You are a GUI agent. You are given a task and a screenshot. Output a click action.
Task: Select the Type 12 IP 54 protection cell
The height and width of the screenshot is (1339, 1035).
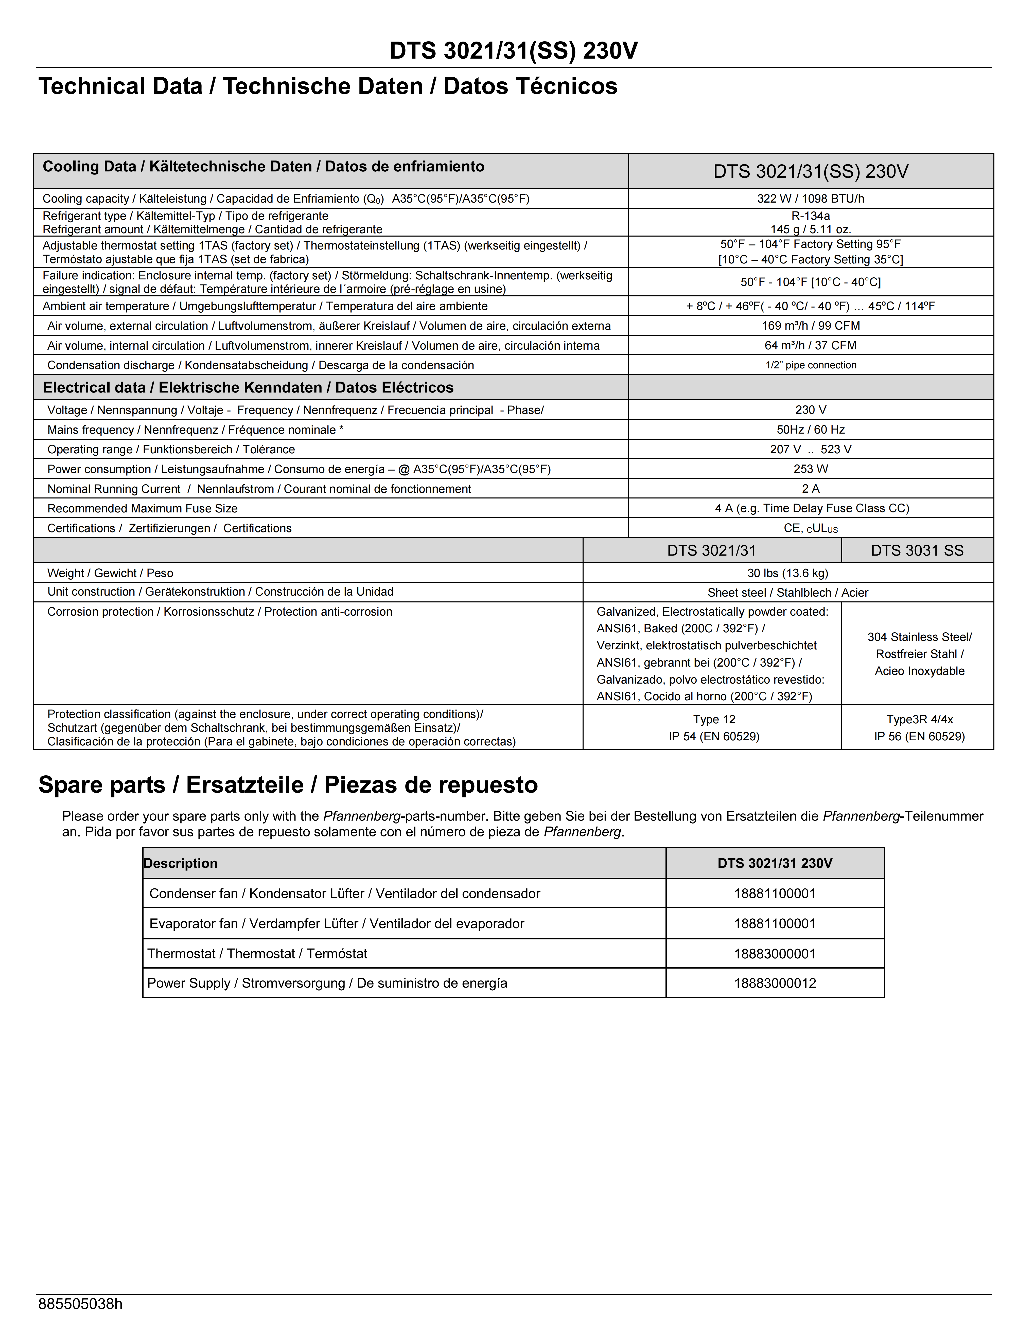(714, 728)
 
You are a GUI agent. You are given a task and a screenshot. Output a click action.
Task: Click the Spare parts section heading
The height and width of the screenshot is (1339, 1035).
(288, 785)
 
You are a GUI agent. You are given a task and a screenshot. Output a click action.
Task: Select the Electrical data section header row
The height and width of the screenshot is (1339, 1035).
(248, 387)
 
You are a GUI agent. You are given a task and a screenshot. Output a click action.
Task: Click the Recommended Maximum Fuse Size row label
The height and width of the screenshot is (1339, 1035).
(142, 508)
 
